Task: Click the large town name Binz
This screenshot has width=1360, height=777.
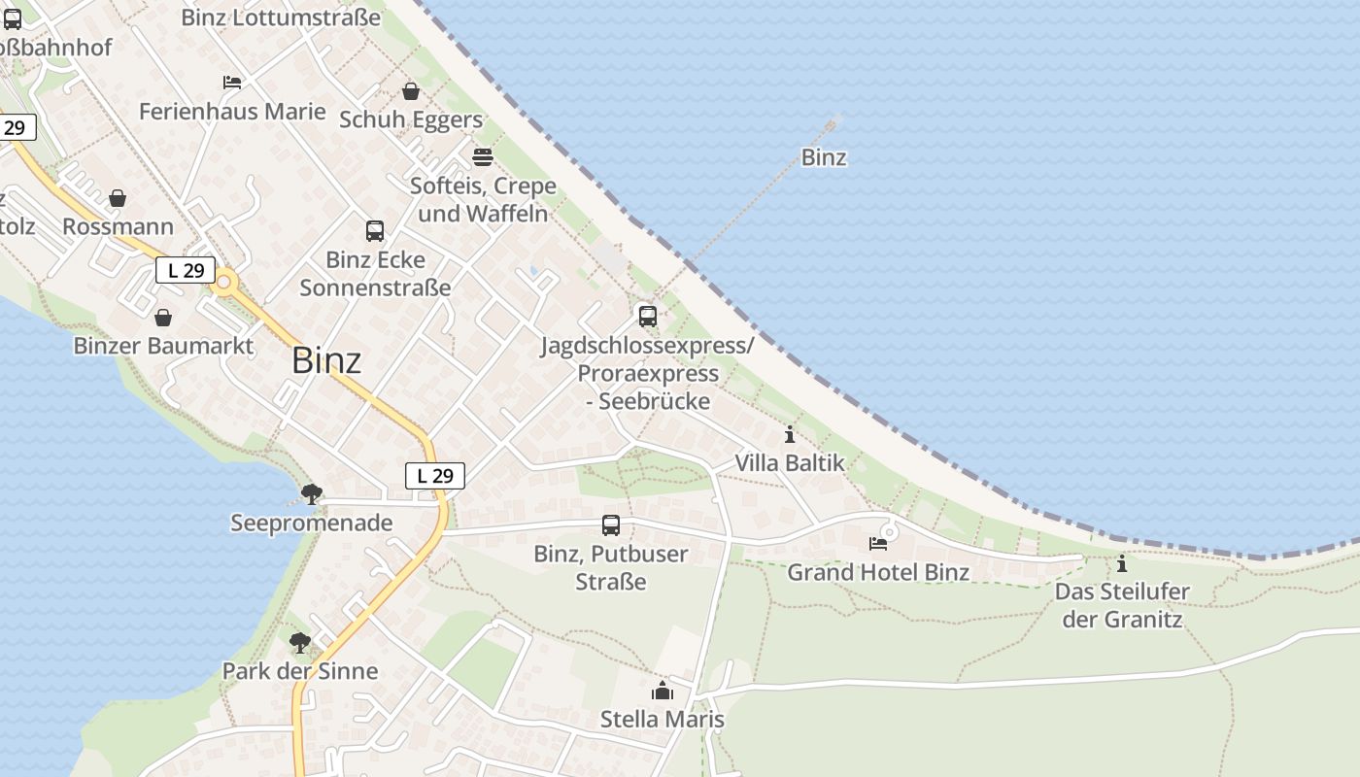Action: point(326,360)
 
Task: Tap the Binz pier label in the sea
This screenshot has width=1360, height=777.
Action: point(824,157)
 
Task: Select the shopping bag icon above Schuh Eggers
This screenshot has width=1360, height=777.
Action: point(411,91)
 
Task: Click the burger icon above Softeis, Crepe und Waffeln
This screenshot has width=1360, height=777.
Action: point(483,156)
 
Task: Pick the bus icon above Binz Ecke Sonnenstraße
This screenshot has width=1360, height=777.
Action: point(375,231)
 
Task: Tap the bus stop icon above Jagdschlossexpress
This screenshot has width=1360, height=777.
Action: point(647,316)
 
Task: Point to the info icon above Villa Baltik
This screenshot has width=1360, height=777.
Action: point(790,434)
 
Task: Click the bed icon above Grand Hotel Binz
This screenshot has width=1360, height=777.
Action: point(878,543)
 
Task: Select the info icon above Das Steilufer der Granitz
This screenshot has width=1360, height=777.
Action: point(1122,563)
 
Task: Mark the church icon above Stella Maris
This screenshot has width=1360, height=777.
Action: point(663,691)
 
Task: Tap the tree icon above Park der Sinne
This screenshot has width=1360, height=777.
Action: point(300,642)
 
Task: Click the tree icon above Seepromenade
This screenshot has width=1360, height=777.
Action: point(311,494)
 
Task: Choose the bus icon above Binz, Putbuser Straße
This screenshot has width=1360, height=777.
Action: point(611,525)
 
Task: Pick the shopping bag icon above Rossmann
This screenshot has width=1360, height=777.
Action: point(118,198)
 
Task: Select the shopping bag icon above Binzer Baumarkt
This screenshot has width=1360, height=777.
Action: point(163,318)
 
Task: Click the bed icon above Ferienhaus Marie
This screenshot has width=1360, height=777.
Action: point(232,83)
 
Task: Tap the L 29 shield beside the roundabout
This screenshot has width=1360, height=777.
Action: point(186,270)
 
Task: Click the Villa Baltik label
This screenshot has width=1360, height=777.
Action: point(790,463)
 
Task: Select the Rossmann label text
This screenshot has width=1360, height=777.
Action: point(118,226)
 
